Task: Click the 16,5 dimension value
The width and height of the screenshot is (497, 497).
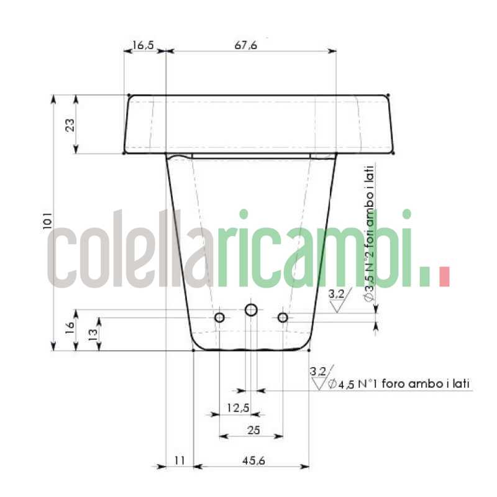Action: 143,45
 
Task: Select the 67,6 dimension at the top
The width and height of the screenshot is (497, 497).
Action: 246,45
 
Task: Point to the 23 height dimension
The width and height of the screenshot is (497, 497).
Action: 70,124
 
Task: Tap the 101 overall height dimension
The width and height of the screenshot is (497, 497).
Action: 48,222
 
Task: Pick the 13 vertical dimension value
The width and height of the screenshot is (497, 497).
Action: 92,334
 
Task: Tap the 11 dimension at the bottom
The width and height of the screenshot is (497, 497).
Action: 180,460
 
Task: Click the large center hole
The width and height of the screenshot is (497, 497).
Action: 251,309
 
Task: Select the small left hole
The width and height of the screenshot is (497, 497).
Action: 219,317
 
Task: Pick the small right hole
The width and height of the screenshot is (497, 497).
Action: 283,317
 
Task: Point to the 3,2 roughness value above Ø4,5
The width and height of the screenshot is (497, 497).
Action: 317,372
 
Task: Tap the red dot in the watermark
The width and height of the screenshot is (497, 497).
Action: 444,276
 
